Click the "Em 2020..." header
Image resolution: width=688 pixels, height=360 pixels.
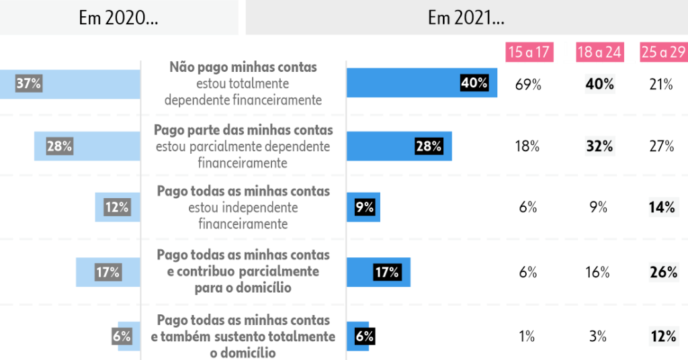pos(119,18)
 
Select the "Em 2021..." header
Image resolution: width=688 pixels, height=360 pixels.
pos(466,18)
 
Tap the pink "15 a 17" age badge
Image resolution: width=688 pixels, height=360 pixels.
pos(529,52)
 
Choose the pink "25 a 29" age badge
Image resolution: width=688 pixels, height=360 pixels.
pos(664,52)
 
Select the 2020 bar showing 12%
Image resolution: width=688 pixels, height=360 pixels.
pos(117,208)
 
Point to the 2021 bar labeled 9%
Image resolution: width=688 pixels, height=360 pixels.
pos(363,208)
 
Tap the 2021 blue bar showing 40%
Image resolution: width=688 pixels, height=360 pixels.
pos(422,83)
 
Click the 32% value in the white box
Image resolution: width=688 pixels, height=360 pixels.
pos(600,146)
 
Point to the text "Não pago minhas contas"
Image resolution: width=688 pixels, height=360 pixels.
pos(243,68)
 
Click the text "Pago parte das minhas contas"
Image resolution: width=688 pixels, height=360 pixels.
pos(243,130)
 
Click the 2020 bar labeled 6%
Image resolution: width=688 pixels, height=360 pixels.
pos(128,336)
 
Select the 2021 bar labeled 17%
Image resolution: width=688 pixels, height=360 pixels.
pos(378,272)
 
